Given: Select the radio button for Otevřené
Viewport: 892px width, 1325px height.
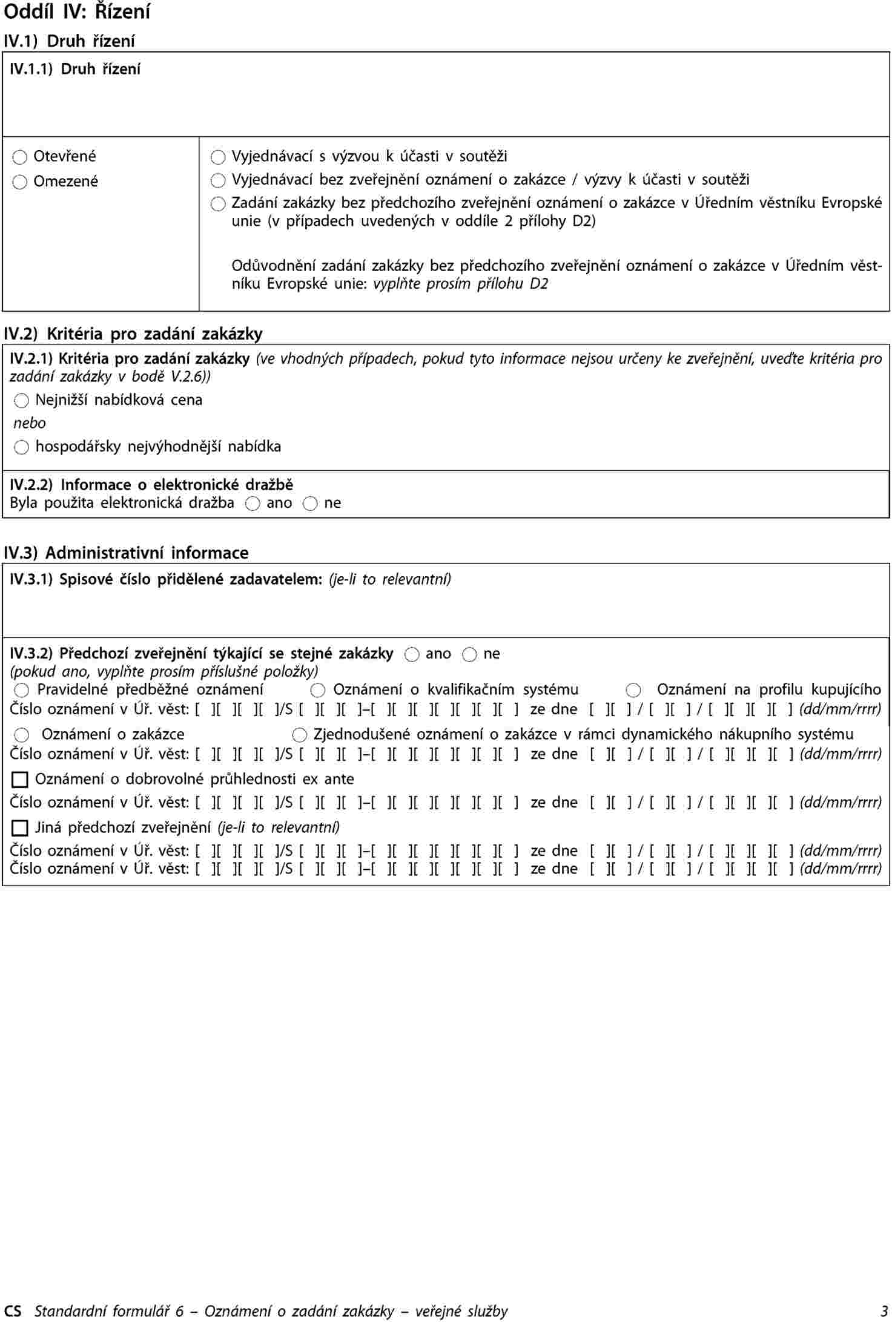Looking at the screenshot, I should tap(20, 157).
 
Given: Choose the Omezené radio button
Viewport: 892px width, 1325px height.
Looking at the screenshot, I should tap(20, 182).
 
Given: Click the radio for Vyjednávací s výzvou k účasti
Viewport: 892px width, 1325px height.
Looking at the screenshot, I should tap(218, 157).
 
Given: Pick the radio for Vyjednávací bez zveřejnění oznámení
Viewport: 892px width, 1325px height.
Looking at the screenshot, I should tap(218, 180).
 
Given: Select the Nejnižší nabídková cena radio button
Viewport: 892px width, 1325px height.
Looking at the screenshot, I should tap(22, 401).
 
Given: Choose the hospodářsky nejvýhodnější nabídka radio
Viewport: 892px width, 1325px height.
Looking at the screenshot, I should tap(22, 447).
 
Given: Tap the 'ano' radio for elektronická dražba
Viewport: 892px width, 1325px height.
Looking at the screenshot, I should tap(253, 504).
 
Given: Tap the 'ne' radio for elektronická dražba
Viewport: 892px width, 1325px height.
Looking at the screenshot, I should tap(310, 504).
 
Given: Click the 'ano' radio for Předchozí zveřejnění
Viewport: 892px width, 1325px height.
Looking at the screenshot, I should tap(412, 654).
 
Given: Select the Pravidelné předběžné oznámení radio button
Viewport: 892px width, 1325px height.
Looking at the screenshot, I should tap(22, 690).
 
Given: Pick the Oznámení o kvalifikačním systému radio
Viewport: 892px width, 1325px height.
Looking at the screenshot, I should tap(318, 690).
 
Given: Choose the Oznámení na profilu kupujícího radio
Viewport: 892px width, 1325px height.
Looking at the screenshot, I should tap(633, 690).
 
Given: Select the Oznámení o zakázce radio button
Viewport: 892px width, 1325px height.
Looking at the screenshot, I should tap(22, 735).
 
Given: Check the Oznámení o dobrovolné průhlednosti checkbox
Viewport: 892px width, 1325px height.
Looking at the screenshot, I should tap(20, 780).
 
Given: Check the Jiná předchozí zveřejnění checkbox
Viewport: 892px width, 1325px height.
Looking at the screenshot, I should tap(20, 827).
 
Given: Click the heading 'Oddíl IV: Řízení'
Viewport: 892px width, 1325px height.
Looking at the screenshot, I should tap(77, 12).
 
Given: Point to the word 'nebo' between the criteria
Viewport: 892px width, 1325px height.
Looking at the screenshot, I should tap(30, 423).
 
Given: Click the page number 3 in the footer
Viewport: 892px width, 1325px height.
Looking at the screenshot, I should tap(884, 1311).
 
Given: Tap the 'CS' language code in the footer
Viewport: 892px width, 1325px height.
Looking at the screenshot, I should tap(13, 1311).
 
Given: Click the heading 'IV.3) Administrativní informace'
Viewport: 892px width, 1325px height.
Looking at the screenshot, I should tap(126, 553).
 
